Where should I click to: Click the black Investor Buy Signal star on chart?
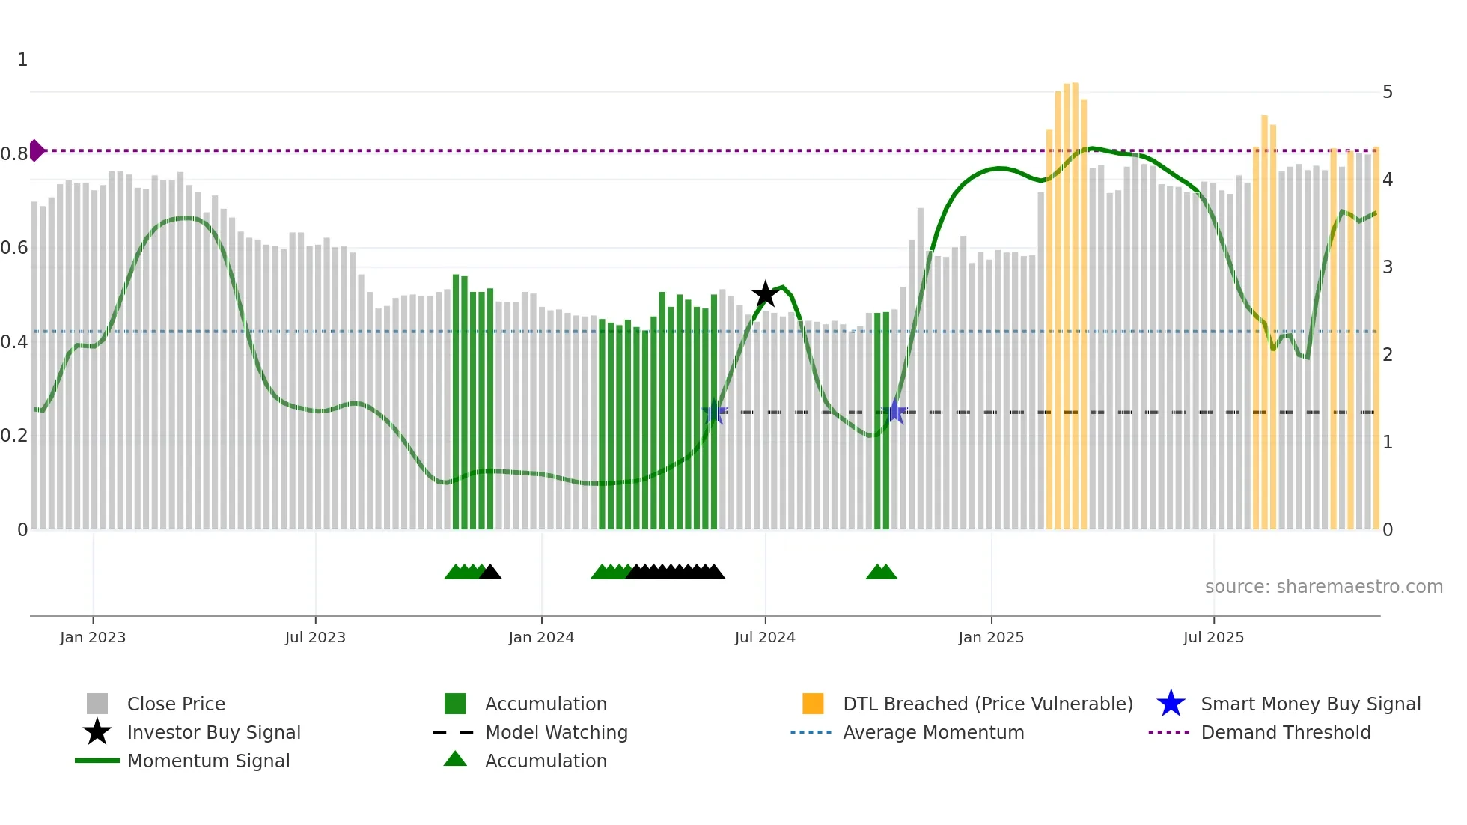(x=765, y=294)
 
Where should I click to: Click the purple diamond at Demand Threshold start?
(x=36, y=150)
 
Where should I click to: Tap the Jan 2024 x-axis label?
(x=541, y=637)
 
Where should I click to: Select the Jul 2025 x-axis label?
(x=1213, y=637)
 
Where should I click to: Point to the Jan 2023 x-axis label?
(x=93, y=637)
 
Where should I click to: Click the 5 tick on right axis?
(x=1388, y=92)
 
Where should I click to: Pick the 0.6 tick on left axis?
(x=15, y=248)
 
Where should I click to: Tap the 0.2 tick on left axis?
(x=15, y=436)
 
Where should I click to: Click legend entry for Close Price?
(x=176, y=704)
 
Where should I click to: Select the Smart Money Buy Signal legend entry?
(x=1310, y=704)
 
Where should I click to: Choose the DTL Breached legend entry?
(x=987, y=704)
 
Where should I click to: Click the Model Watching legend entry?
(x=556, y=732)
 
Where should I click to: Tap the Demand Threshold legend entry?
(x=1285, y=732)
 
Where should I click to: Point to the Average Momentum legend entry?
(x=933, y=732)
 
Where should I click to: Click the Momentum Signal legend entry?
(x=208, y=761)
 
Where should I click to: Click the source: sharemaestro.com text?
(x=1323, y=587)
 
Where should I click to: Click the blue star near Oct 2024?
(x=894, y=411)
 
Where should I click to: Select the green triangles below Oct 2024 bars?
(x=881, y=573)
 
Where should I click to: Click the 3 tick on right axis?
(x=1388, y=267)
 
